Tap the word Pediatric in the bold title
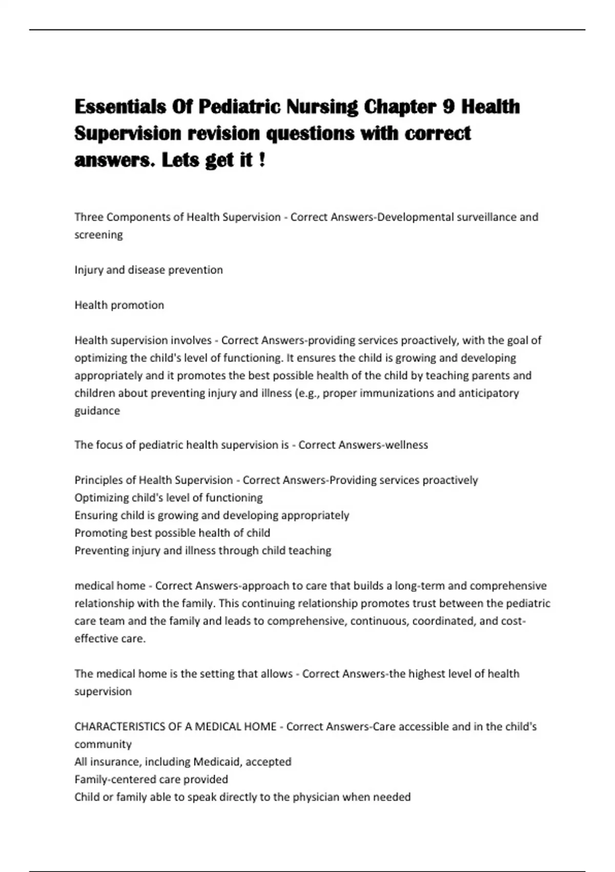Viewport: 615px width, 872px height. (239, 107)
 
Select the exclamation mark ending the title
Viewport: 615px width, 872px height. (262, 160)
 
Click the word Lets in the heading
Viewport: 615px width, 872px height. (180, 160)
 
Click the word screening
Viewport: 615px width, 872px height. (98, 235)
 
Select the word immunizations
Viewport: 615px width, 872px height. (398, 393)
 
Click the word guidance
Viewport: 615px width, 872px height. (97, 411)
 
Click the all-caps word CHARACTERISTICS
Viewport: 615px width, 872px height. (125, 727)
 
